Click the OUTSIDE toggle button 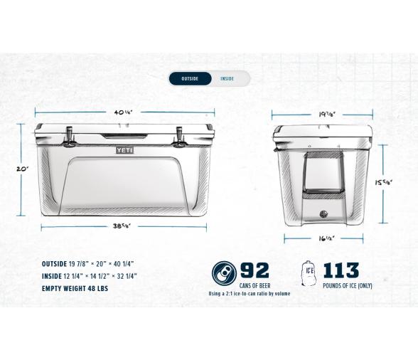pyautogui.click(x=190, y=78)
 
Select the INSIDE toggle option pyautogui.click(x=227, y=78)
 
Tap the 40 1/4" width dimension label pyautogui.click(x=124, y=112)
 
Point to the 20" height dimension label pyautogui.click(x=23, y=169)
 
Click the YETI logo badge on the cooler pyautogui.click(x=124, y=149)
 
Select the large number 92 pyautogui.click(x=255, y=271)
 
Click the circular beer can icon pyautogui.click(x=223, y=272)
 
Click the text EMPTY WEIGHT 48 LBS pyautogui.click(x=75, y=289)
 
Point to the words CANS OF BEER pyautogui.click(x=254, y=285)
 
